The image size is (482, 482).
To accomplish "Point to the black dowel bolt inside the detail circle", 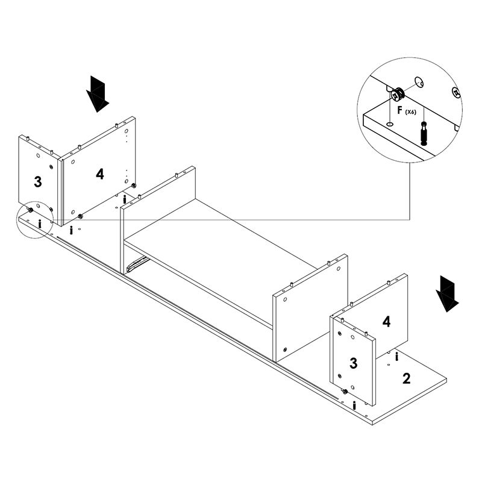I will [425, 132].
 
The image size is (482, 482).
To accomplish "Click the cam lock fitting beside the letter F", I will [398, 94].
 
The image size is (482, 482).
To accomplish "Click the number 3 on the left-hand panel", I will [37, 181].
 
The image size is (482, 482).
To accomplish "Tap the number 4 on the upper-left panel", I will [99, 174].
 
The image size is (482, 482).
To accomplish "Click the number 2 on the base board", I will [407, 378].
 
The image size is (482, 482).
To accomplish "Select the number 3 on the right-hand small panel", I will [354, 363].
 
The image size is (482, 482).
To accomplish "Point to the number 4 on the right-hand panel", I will [386, 321].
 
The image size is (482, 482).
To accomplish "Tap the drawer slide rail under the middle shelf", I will [138, 263].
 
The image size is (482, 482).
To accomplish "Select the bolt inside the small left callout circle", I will [40, 224].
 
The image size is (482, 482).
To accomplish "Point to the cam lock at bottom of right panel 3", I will [345, 392].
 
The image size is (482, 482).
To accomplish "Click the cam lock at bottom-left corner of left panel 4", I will [80, 216].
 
